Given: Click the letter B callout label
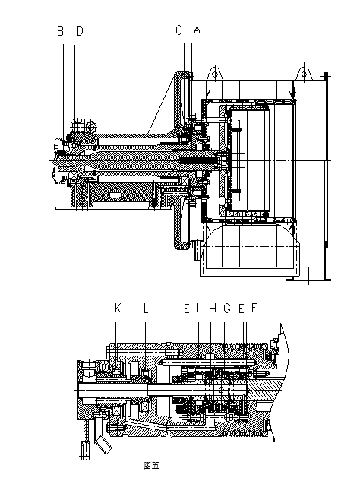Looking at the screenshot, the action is [61, 31].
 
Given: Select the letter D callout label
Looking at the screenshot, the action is [80, 31].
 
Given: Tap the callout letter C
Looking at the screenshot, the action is [179, 30].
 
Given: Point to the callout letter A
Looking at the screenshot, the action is [197, 30].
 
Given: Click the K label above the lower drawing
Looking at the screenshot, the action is [118, 308].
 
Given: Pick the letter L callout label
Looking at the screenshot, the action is [146, 308].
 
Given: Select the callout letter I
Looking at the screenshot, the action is [198, 308].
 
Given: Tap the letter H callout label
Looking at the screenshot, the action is [212, 308].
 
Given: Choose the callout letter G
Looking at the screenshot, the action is [227, 308].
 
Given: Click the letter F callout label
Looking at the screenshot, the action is [254, 308].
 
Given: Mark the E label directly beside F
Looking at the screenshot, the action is [242, 308].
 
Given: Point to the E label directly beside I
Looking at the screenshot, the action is [187, 308].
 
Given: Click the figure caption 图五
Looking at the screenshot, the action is [151, 465].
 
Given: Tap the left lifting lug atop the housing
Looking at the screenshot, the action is [215, 74].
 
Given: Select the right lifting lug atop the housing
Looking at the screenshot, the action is [305, 73].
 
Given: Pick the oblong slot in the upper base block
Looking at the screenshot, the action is [115, 195].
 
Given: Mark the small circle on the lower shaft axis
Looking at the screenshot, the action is [222, 390].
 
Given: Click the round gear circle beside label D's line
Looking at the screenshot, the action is [91, 126].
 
